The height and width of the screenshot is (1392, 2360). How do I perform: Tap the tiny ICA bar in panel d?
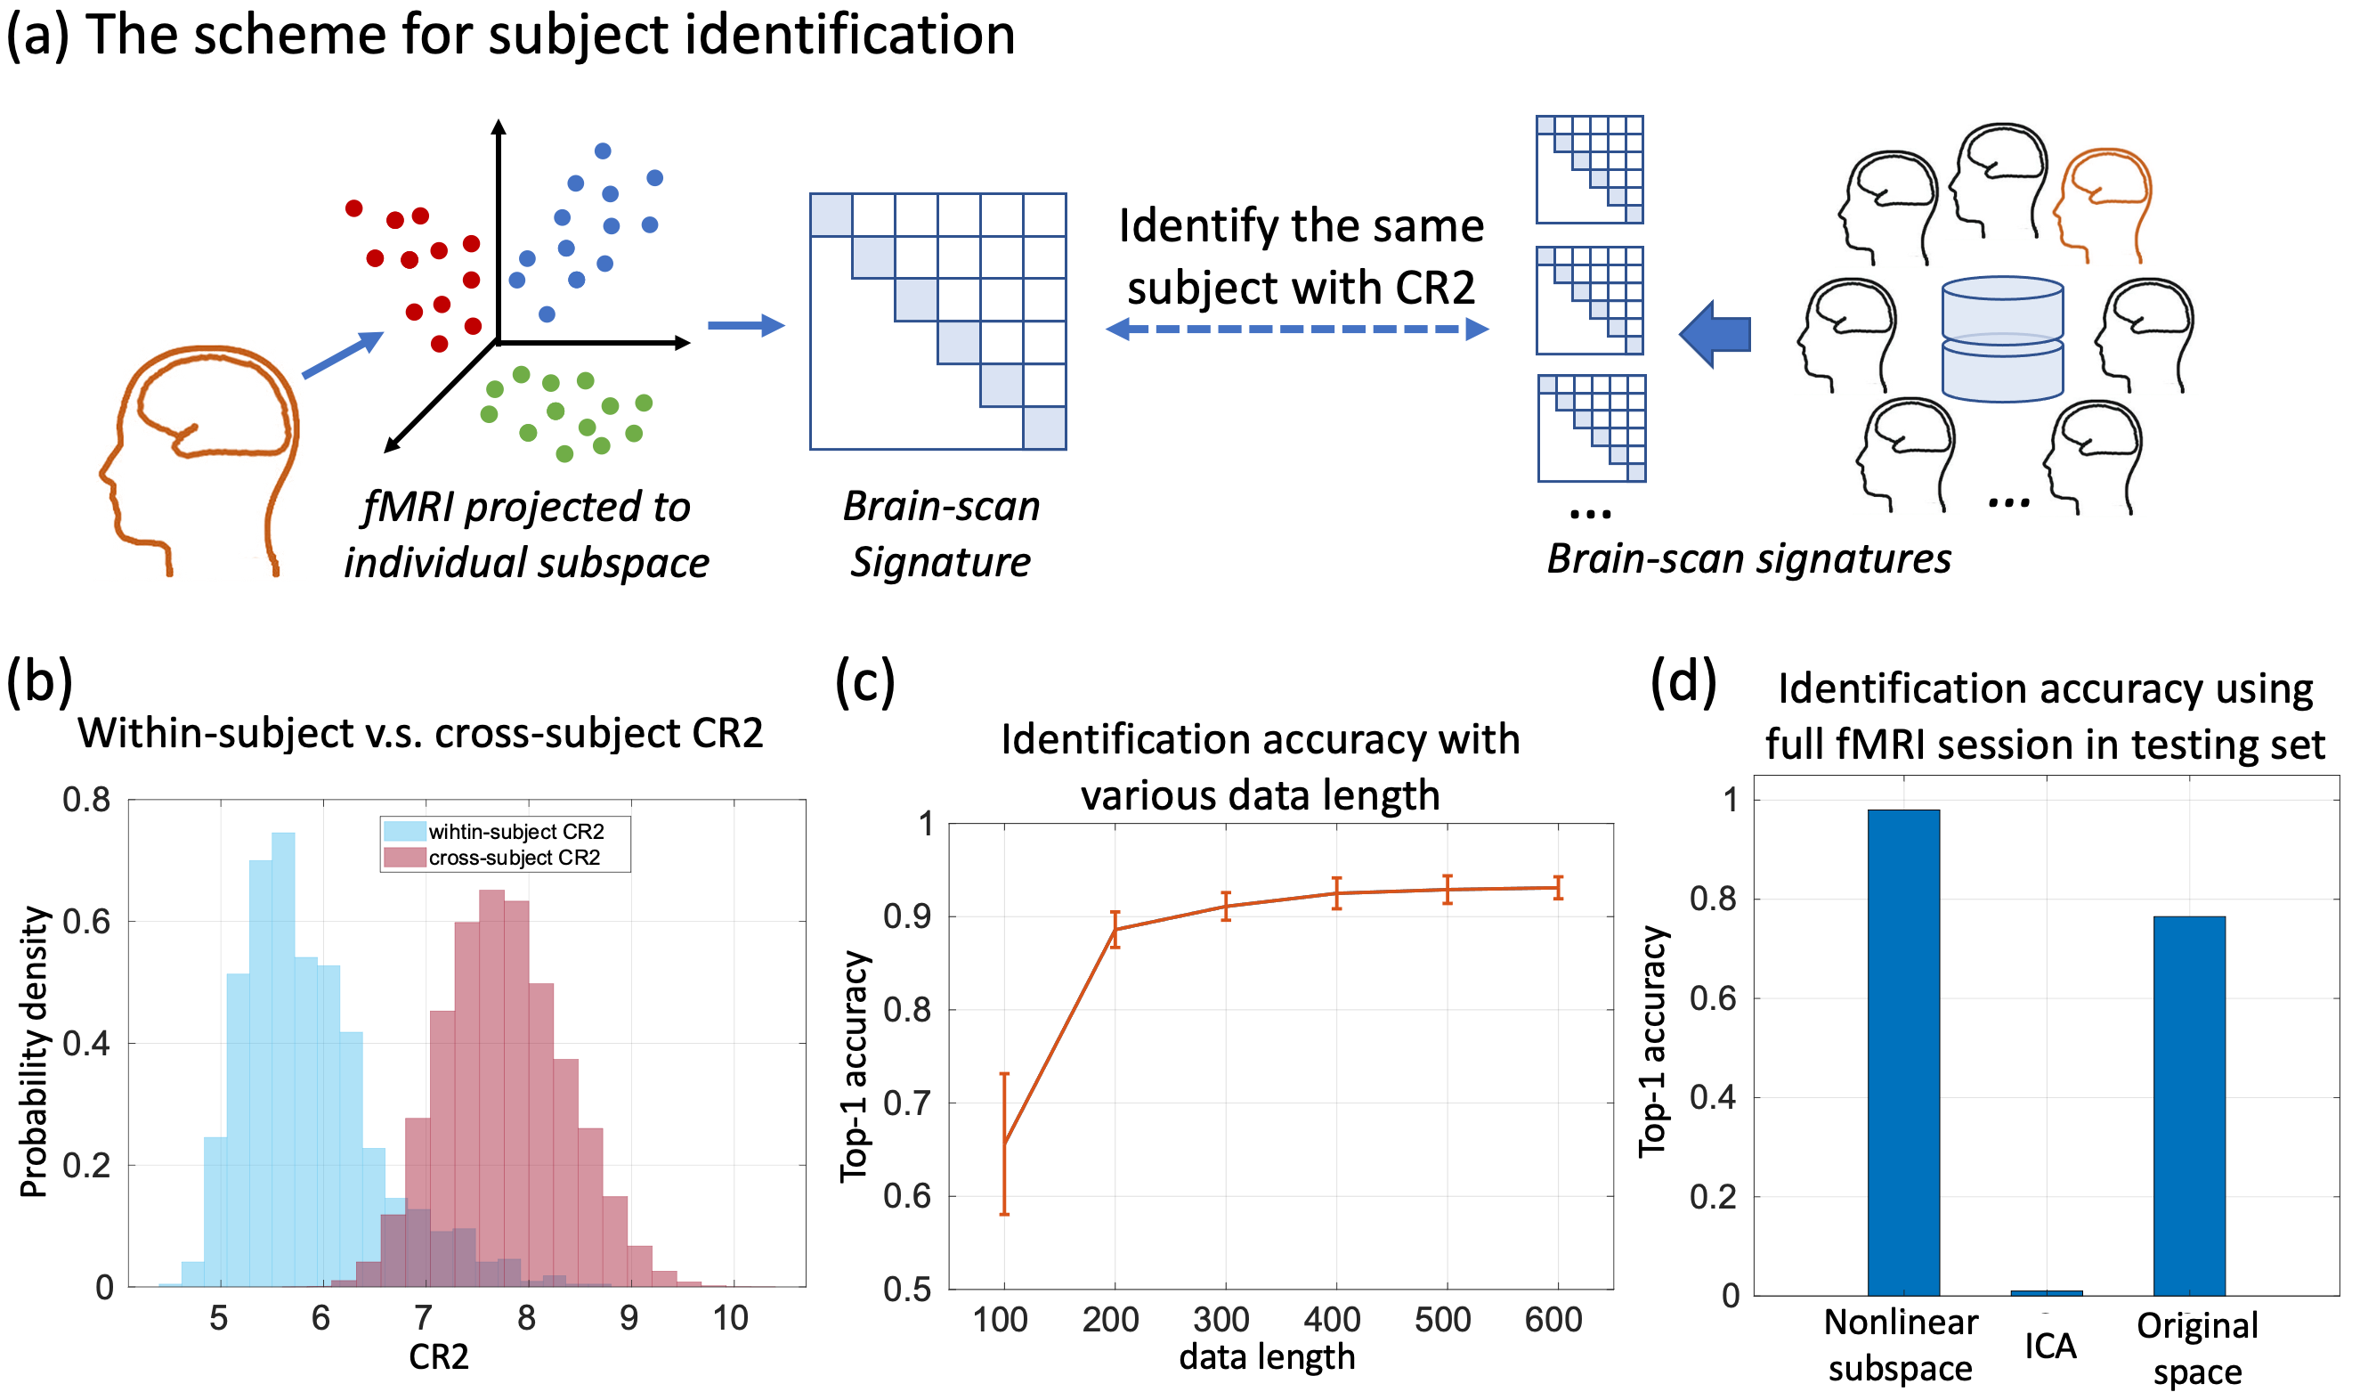click(x=2046, y=1292)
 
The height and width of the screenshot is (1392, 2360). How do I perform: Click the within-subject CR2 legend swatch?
click(x=404, y=831)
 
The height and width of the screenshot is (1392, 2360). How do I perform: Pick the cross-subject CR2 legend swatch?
click(x=404, y=858)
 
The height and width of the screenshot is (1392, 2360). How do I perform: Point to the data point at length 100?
click(x=1004, y=1144)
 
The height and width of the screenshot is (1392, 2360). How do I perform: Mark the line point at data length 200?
click(x=1115, y=929)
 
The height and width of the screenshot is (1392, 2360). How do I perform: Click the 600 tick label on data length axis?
click(x=1553, y=1320)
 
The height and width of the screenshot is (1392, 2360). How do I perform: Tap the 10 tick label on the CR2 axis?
click(x=730, y=1318)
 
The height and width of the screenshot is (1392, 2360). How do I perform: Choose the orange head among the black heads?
click(x=2101, y=205)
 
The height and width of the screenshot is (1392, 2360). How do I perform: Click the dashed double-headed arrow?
click(x=1297, y=330)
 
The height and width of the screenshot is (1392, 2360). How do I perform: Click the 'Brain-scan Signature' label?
click(x=940, y=533)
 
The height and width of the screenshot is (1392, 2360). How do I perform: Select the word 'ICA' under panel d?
click(x=2049, y=1346)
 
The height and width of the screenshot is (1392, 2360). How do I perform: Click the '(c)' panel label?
click(x=864, y=682)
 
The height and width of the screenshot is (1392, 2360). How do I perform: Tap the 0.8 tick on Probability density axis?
click(x=86, y=800)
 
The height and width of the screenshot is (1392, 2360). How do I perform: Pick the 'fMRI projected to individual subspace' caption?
click(x=526, y=533)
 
